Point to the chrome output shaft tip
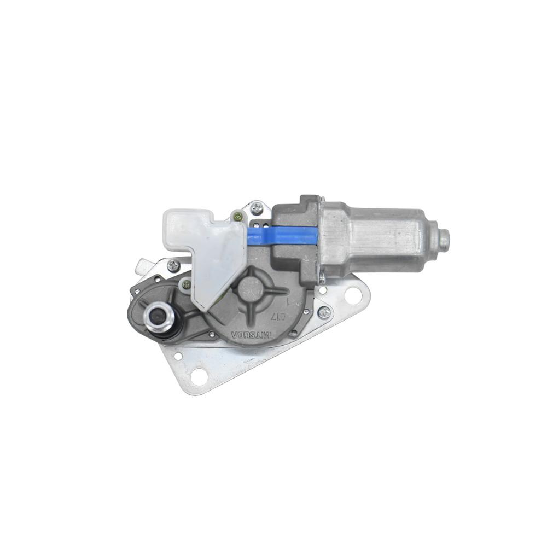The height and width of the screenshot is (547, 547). [x=158, y=316]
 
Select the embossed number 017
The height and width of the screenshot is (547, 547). [x=278, y=316]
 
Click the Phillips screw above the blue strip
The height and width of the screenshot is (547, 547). [x=256, y=208]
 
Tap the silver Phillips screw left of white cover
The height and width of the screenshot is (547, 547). [x=173, y=265]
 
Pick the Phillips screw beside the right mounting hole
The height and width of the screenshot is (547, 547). [x=324, y=312]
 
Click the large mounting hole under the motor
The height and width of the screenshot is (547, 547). [x=353, y=295]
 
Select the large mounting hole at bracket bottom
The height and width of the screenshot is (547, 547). [x=199, y=376]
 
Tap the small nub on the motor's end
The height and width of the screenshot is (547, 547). [x=444, y=238]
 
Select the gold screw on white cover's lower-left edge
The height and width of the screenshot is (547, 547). [x=187, y=284]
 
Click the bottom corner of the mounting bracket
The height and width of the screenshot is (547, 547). [x=189, y=391]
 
